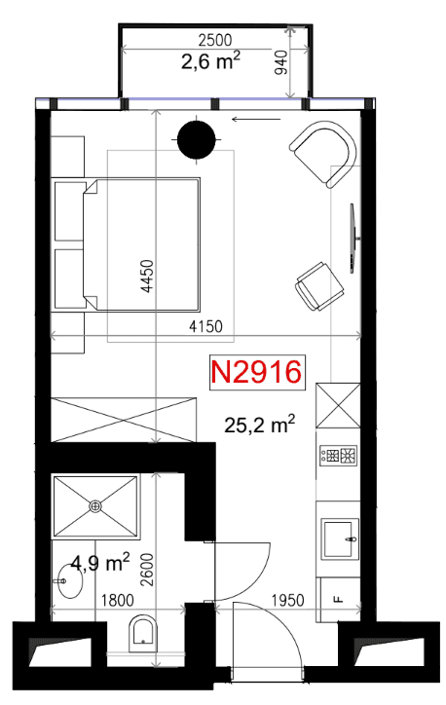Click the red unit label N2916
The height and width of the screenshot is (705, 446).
click(x=256, y=372)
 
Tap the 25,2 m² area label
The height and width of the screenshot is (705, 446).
click(x=259, y=424)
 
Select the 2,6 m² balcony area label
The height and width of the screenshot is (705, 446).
click(x=210, y=60)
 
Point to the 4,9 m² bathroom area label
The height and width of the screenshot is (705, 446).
click(x=100, y=563)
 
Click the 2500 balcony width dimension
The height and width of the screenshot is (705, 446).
click(x=215, y=40)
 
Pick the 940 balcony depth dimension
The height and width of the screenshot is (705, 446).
click(x=280, y=63)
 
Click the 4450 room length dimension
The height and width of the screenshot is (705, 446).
click(x=147, y=277)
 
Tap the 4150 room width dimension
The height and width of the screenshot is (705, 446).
click(x=205, y=326)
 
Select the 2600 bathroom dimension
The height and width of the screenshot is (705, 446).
click(x=147, y=570)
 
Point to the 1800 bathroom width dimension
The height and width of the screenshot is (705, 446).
click(x=118, y=600)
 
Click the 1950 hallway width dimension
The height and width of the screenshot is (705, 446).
click(x=287, y=600)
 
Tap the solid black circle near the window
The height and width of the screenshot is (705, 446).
click(x=197, y=140)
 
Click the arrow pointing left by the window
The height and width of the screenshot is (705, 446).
click(x=256, y=119)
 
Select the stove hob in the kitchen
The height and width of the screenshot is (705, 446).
click(x=339, y=455)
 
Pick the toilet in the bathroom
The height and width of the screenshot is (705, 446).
click(x=143, y=635)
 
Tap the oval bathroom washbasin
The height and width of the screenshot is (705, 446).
click(x=70, y=581)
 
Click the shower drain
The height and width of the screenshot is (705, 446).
click(x=94, y=506)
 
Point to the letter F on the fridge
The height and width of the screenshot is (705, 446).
click(x=339, y=599)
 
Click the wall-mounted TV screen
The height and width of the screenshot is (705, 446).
click(x=353, y=239)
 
